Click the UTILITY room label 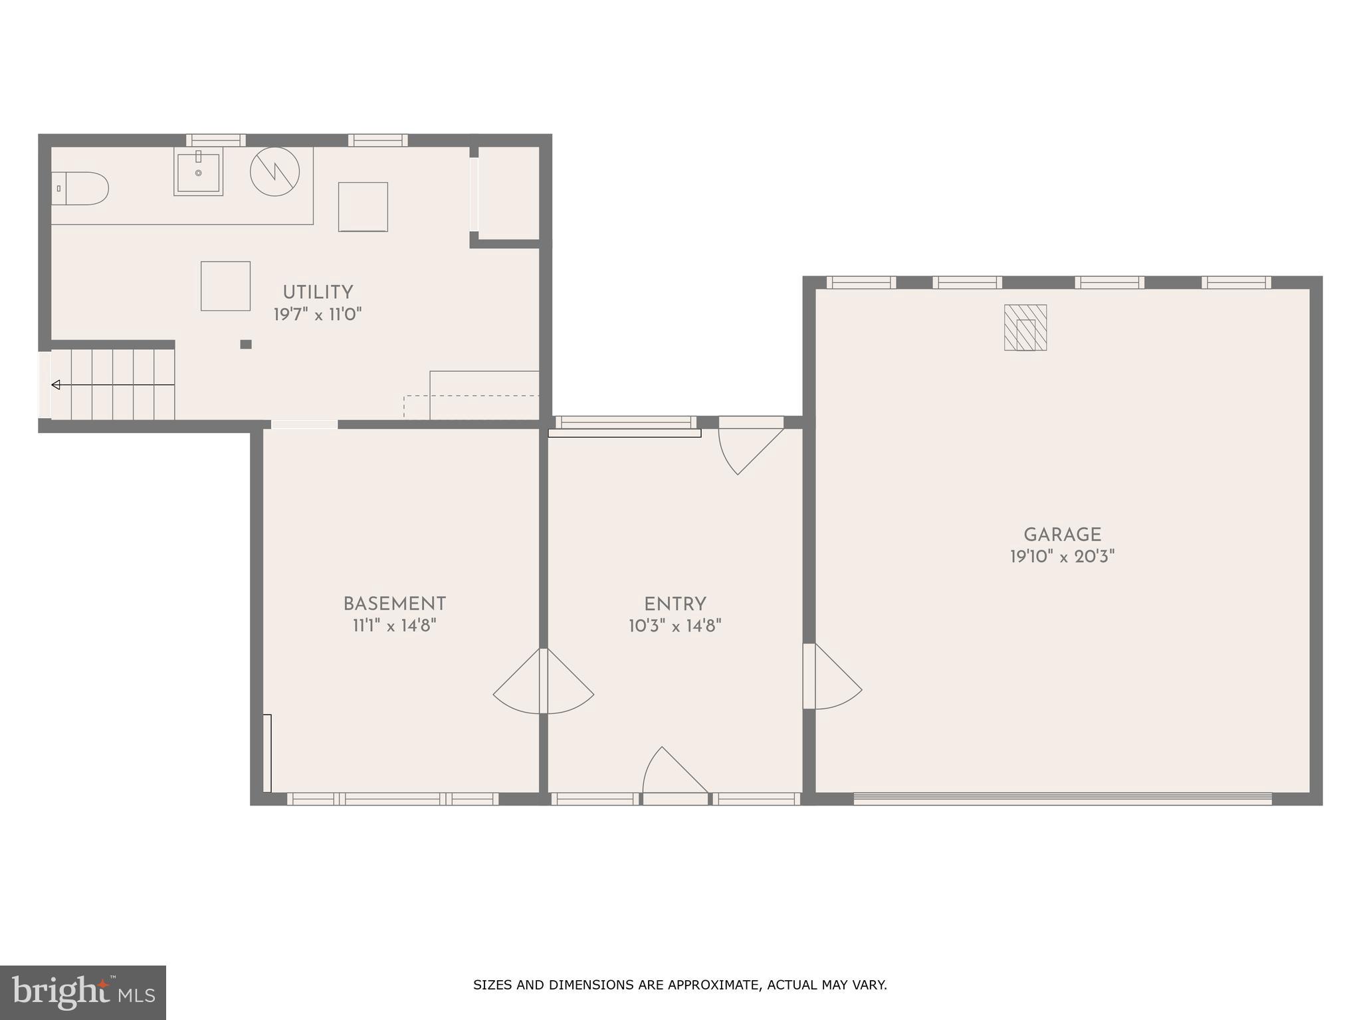[x=318, y=293]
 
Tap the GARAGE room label [x=1062, y=535]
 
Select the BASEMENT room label [x=394, y=604]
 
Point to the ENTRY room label [x=675, y=605]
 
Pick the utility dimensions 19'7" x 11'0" [x=318, y=315]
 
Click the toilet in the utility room [x=81, y=189]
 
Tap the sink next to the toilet [x=198, y=172]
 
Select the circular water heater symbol [x=274, y=171]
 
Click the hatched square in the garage [x=1025, y=327]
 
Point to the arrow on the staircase [x=56, y=384]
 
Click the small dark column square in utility [x=246, y=344]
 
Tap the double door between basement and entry [x=544, y=684]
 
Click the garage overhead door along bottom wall [x=1062, y=799]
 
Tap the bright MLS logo [x=83, y=993]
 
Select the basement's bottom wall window [x=393, y=799]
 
